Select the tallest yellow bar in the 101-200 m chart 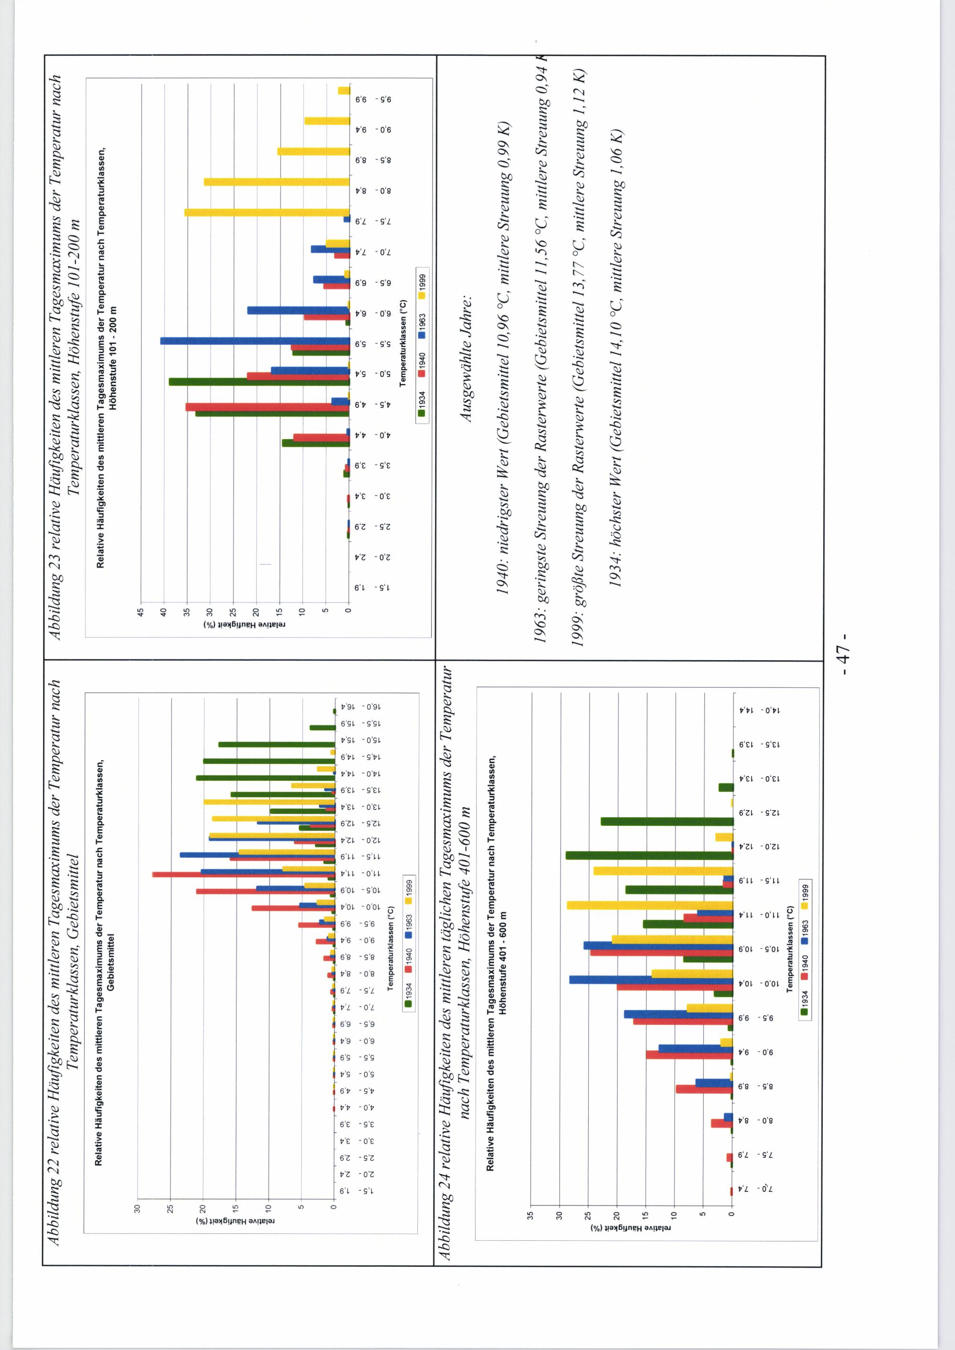(x=267, y=212)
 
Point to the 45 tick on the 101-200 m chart (x=140, y=612)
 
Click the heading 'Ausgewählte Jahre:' (x=466, y=357)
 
